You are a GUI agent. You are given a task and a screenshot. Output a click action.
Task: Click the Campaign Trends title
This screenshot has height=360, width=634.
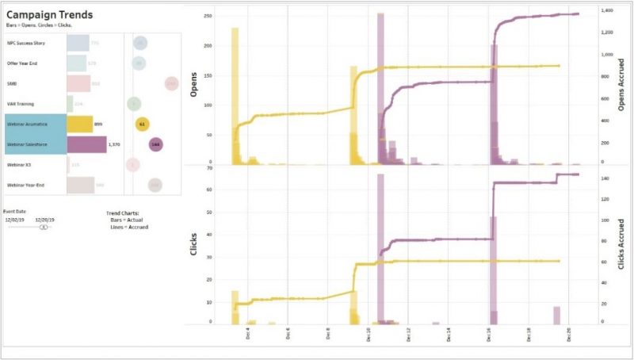pos(49,15)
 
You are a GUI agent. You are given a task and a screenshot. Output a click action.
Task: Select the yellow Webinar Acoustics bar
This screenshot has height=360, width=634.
pos(79,124)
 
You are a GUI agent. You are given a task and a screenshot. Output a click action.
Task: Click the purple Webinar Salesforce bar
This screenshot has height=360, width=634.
pos(86,144)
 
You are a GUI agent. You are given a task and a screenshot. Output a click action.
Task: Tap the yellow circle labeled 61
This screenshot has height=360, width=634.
pos(142,124)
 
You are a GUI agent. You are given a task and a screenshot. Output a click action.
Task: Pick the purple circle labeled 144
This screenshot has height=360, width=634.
pos(155,144)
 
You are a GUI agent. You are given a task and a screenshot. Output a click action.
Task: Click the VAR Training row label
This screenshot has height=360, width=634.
pos(21,103)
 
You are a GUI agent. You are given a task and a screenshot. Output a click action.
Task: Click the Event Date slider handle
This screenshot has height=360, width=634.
pos(44,227)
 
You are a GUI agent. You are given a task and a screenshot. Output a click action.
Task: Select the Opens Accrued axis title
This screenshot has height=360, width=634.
pos(621,88)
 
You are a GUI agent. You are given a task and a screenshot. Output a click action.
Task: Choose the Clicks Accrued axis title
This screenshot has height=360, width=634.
pos(621,247)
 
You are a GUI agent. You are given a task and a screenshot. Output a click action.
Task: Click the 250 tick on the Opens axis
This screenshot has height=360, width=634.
pos(208,16)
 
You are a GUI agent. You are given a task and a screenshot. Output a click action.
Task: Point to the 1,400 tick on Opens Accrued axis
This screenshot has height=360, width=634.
pos(608,11)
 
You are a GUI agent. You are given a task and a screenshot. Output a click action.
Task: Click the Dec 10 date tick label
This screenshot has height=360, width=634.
pos(369,336)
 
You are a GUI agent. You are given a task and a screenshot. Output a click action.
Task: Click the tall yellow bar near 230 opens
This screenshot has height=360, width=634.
pos(235,95)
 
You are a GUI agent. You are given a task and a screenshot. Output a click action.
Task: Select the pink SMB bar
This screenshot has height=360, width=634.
pos(78,83)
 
